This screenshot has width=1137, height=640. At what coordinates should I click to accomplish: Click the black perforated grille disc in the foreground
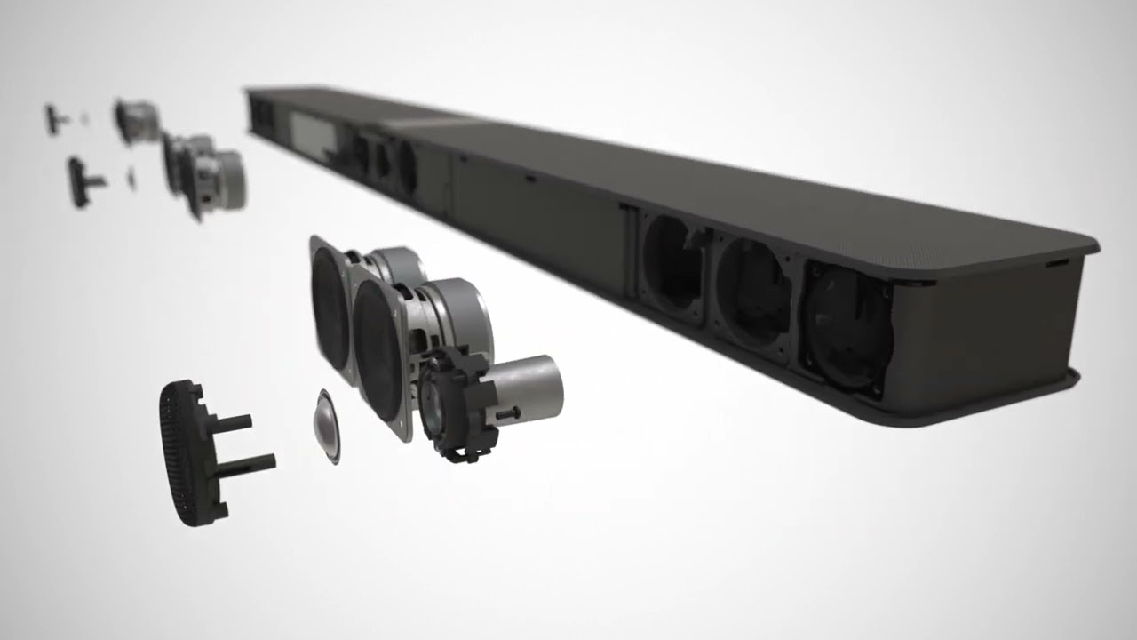182,453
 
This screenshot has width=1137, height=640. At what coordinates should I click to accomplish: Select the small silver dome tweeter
327,426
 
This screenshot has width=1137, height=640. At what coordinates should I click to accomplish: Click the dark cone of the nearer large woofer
378,348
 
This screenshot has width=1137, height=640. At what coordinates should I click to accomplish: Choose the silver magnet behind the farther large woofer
399,268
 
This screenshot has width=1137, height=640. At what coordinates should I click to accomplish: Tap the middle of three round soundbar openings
752,293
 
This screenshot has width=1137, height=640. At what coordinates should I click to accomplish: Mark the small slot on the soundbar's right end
1057,264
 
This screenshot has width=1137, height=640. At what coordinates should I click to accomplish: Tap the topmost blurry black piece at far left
55,118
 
